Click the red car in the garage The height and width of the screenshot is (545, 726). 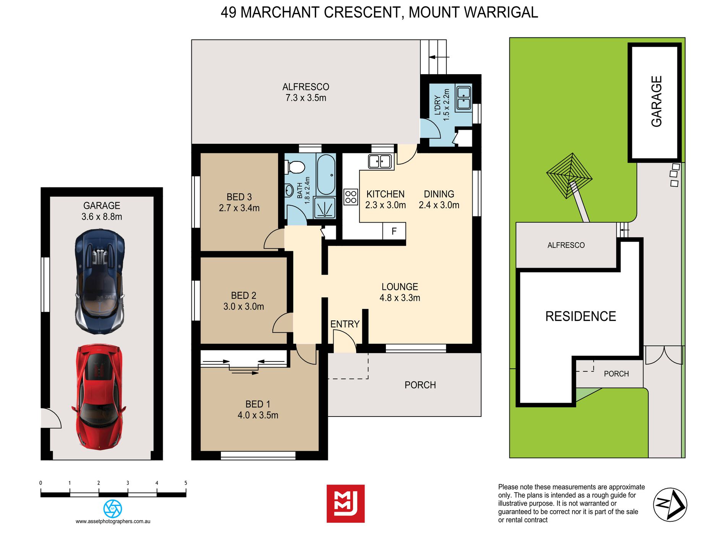[x=99, y=397]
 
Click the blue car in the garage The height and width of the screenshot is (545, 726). [x=100, y=281]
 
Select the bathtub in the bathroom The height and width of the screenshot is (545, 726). [x=326, y=174]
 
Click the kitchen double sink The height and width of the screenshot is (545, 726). [x=380, y=161]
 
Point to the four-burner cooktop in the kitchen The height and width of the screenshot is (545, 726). [x=351, y=197]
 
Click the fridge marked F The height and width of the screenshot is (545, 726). [x=394, y=231]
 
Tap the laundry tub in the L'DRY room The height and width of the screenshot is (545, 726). [x=464, y=98]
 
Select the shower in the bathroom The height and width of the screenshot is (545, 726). [x=324, y=208]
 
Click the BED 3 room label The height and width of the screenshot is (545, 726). [x=239, y=202]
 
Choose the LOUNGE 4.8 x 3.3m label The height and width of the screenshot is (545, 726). [x=400, y=292]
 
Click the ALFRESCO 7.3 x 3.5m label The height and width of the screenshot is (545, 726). [x=306, y=92]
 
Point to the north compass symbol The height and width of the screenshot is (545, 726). [x=670, y=505]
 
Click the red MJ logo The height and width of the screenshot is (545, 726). [x=345, y=504]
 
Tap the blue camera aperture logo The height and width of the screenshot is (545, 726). [x=113, y=509]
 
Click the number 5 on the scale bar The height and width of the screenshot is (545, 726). [x=186, y=483]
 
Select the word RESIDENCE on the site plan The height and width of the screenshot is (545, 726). [x=580, y=316]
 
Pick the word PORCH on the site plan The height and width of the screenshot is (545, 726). [x=616, y=374]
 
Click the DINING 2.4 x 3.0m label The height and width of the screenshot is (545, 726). [x=439, y=199]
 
